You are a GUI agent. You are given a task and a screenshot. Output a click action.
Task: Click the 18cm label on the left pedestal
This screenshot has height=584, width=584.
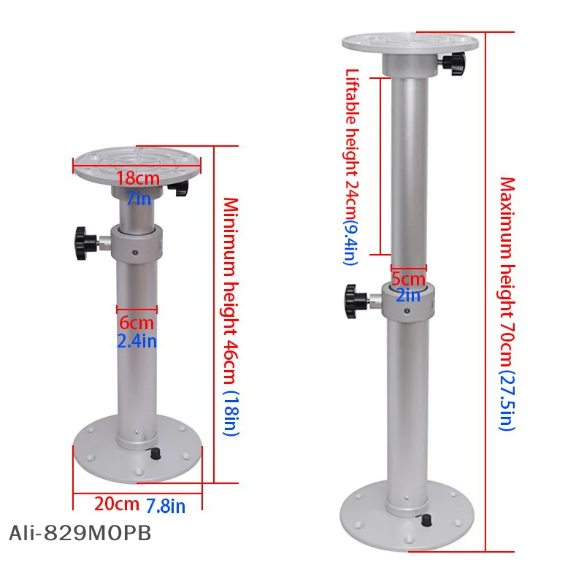pos(137,178)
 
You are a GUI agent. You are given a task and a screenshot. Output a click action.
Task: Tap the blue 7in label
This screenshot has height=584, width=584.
pos(137,197)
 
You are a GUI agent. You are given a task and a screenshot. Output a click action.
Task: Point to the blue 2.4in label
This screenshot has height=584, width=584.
pos(137,340)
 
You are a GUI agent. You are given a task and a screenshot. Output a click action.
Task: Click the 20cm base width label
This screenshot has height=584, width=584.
pos(117,504)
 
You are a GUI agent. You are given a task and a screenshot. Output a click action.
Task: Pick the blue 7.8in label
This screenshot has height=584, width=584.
pos(166,504)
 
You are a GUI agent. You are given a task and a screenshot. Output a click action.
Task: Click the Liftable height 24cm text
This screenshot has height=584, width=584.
pos(352,146)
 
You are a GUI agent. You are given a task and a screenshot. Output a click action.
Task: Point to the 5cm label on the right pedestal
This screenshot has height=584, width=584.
pos(408,278)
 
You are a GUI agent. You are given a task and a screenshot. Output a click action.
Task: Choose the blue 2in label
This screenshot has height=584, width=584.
pos(408,295)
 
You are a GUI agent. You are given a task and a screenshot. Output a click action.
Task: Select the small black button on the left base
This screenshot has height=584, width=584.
pos(154,454)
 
